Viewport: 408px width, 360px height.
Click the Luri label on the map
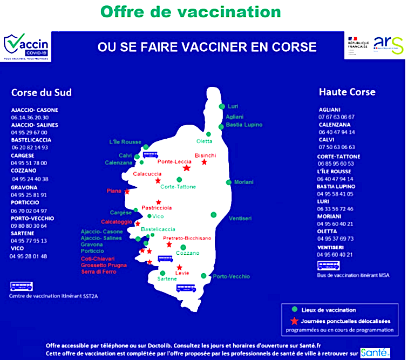point(233,106)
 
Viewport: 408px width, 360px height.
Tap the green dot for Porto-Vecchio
point(203,276)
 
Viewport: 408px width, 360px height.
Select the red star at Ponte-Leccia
point(187,168)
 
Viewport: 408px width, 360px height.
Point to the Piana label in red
point(114,191)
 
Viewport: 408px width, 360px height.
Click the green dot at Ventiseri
point(214,215)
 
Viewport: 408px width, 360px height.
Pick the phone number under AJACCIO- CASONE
point(30,117)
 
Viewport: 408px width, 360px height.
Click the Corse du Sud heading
point(41,92)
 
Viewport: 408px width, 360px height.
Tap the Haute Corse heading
point(347,92)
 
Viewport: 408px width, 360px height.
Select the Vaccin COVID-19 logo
point(26,46)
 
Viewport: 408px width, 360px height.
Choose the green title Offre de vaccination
point(191,11)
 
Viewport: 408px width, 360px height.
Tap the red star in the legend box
point(294,320)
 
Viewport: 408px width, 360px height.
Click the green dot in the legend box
point(294,310)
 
